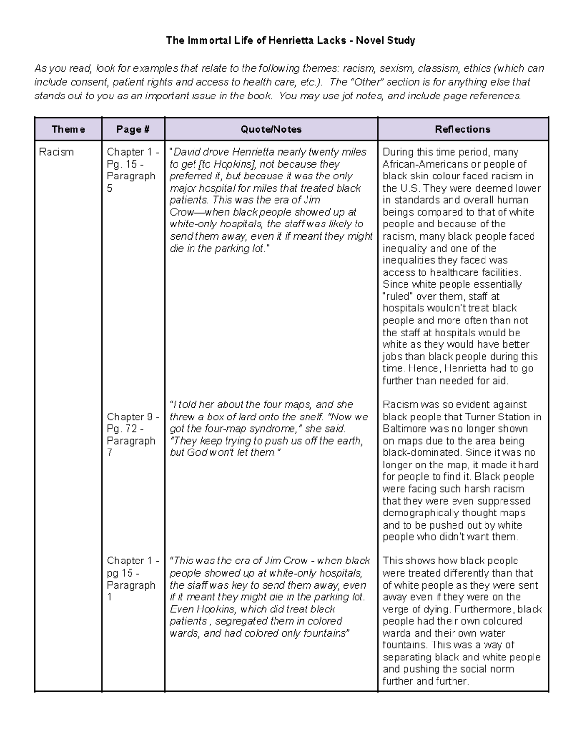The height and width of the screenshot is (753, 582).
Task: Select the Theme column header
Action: (68, 129)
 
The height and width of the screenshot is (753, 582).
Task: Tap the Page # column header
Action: (133, 129)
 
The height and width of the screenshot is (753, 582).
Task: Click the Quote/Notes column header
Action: (271, 129)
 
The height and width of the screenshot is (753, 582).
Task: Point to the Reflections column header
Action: (462, 129)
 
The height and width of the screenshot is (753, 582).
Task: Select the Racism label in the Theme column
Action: (56, 152)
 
